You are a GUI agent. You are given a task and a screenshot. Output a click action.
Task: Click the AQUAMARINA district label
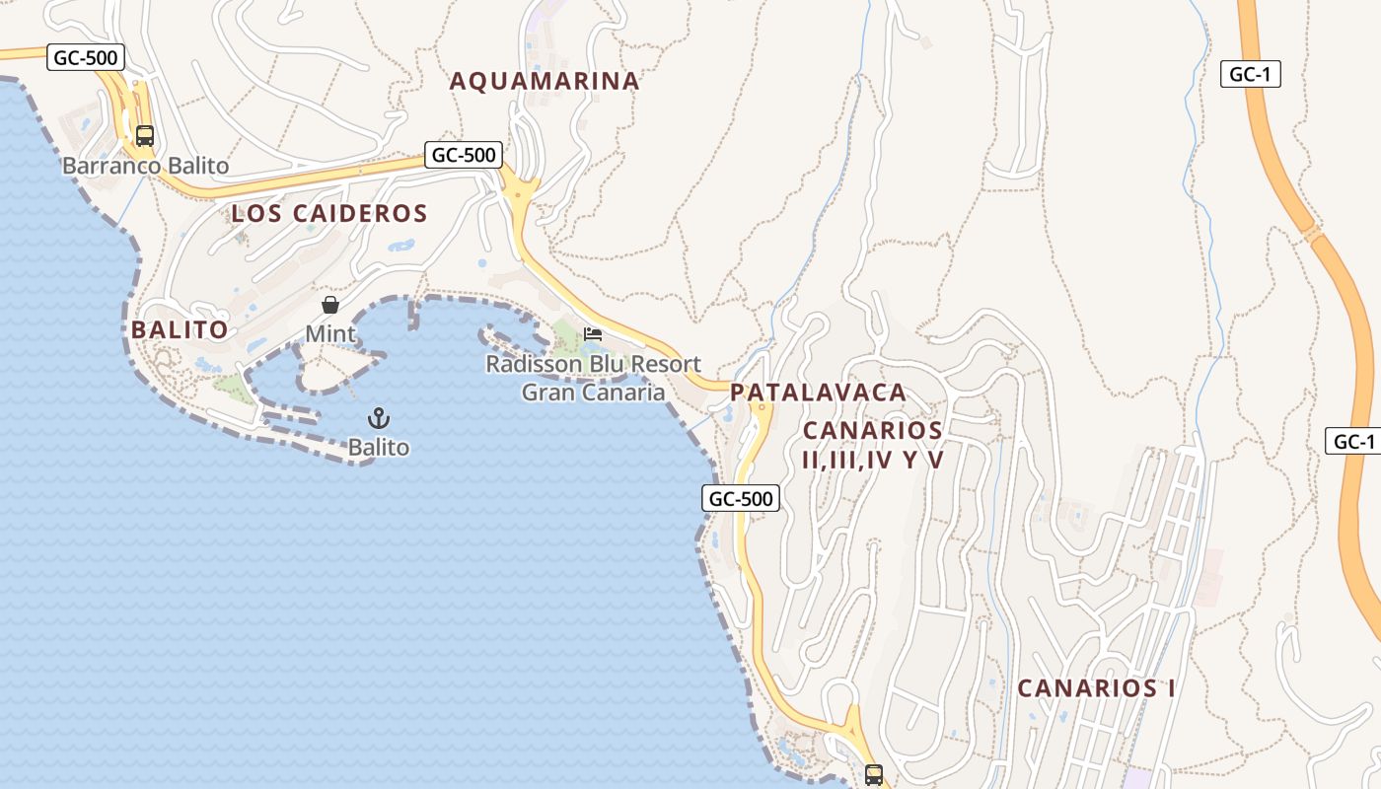[x=545, y=81]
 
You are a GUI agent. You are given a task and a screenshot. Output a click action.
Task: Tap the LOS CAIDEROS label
[x=329, y=213]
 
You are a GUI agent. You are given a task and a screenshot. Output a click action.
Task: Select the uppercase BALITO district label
[x=180, y=329]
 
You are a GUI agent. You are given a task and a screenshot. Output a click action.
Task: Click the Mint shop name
[x=330, y=334]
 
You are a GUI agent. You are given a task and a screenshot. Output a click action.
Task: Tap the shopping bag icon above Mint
[x=330, y=305]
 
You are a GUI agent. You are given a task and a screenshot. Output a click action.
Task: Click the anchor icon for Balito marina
[x=379, y=418]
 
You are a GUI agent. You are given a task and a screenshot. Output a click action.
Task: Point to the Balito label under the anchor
[x=379, y=448]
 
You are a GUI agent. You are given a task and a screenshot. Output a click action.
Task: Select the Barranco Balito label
[x=146, y=166]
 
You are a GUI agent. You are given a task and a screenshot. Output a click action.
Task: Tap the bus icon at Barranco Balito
[x=145, y=136]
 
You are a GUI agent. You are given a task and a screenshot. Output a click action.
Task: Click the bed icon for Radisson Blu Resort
[x=593, y=334]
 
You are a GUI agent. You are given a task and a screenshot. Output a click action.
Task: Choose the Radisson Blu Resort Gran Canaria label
[x=593, y=378]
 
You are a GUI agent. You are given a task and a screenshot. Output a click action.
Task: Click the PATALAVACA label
[x=818, y=392]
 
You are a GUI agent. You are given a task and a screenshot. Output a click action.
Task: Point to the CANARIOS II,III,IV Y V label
[x=873, y=445]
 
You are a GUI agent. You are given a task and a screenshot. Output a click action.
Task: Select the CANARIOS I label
[x=1096, y=688]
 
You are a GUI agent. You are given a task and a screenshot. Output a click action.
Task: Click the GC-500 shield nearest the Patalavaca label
[x=741, y=498]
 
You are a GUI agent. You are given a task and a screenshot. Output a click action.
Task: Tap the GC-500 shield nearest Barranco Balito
[x=86, y=57]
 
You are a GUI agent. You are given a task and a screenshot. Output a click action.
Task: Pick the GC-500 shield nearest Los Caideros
[x=464, y=154]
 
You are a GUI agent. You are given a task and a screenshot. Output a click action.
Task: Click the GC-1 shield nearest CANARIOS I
[x=1353, y=441]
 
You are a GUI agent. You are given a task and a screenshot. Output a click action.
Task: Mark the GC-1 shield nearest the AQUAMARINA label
[x=1250, y=74]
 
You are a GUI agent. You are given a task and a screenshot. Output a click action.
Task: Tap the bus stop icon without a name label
[x=874, y=774]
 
